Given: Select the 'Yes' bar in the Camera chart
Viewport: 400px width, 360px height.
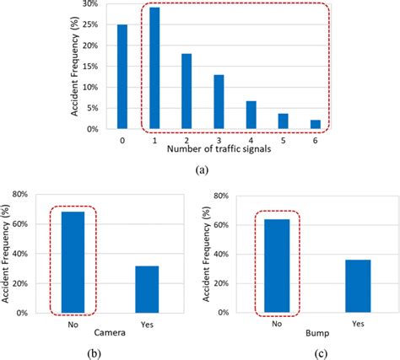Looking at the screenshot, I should tap(147, 289).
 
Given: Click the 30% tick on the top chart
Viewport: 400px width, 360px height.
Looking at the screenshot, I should tap(98, 5).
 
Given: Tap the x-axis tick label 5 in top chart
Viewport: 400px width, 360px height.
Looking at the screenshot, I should tap(283, 140).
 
